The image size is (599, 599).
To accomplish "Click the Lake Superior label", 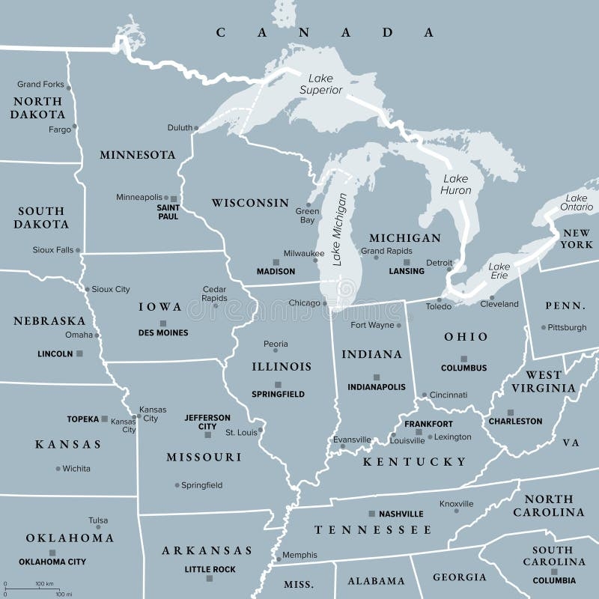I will point(321,83).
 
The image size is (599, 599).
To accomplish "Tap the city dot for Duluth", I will point(197,128).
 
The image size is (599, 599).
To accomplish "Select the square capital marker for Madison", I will point(276,262).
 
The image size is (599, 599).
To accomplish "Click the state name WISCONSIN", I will point(249,203).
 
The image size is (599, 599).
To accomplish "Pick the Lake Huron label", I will point(456,184).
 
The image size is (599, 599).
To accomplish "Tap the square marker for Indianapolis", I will point(377,377).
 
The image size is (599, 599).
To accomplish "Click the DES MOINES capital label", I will point(163,332).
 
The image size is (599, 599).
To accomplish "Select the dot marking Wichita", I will point(58,469).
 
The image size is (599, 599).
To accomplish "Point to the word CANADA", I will point(325,32).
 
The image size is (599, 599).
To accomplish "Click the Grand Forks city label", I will point(40,85).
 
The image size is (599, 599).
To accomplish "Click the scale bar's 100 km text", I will point(44,583).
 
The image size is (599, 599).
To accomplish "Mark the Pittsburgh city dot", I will point(543,327).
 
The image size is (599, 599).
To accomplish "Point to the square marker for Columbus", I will point(463,359).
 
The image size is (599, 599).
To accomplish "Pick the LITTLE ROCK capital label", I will point(210,570).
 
